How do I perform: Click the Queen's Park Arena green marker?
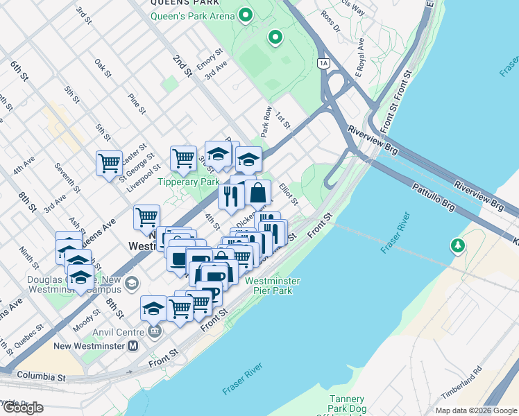[x=244, y=15]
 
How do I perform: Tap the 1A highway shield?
[x=323, y=63]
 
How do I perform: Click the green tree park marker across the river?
[x=457, y=245]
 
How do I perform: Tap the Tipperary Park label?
[x=188, y=182]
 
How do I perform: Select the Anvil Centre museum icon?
[x=154, y=331]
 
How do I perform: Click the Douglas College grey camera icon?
[x=132, y=284]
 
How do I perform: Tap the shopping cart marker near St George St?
[x=109, y=164]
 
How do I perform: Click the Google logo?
[x=22, y=408]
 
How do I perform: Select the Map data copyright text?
[x=475, y=410]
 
